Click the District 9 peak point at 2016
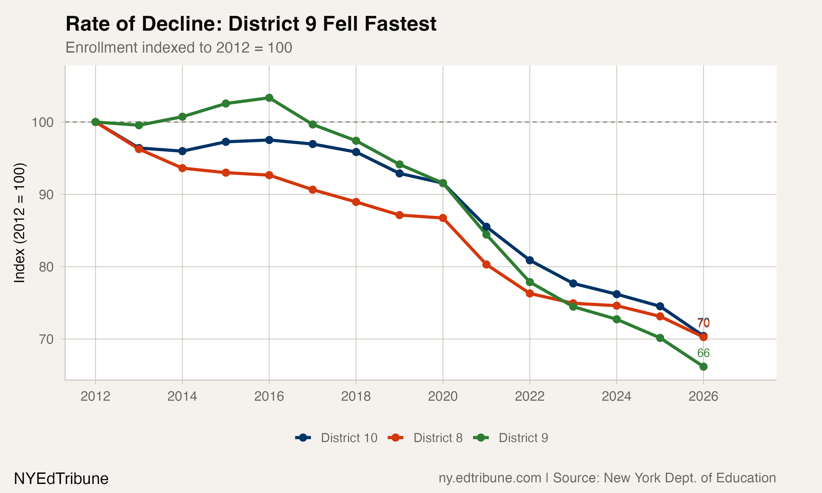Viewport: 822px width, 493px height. pyautogui.click(x=269, y=98)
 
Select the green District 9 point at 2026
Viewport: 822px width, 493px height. pyautogui.click(x=703, y=367)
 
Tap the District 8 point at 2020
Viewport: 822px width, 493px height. pyautogui.click(x=443, y=218)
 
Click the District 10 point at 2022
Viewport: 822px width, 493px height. pyautogui.click(x=530, y=260)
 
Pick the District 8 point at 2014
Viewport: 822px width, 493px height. pyautogui.click(x=182, y=168)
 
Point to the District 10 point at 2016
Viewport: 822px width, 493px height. pyautogui.click(x=269, y=140)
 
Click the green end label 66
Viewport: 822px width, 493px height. pyautogui.click(x=703, y=353)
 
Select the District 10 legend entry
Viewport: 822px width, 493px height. pyautogui.click(x=336, y=438)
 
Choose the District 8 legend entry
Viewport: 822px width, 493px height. pyautogui.click(x=425, y=438)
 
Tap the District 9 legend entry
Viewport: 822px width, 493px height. pyautogui.click(x=511, y=438)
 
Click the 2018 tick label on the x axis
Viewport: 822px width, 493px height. pyautogui.click(x=356, y=396)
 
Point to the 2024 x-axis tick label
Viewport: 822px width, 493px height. pyautogui.click(x=616, y=396)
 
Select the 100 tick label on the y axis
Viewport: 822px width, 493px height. pyautogui.click(x=42, y=122)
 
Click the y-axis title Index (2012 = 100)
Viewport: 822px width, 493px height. pyautogui.click(x=19, y=223)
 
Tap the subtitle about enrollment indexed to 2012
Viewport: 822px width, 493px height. pyautogui.click(x=179, y=47)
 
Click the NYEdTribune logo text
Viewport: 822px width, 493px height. pyautogui.click(x=61, y=479)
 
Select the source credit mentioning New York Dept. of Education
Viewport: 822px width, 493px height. pyautogui.click(x=607, y=478)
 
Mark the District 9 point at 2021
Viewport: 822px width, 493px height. pyautogui.click(x=486, y=234)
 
